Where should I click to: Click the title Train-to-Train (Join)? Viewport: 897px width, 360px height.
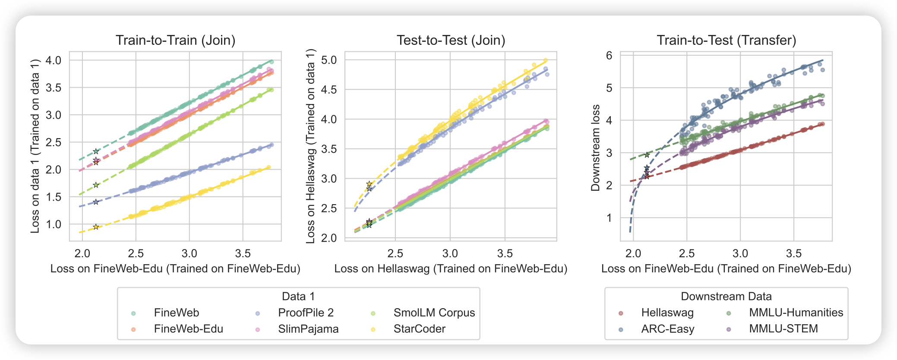pyautogui.click(x=175, y=40)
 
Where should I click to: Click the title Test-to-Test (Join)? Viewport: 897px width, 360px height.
pyautogui.click(x=451, y=40)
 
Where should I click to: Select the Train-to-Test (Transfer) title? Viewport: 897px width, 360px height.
pyautogui.click(x=726, y=40)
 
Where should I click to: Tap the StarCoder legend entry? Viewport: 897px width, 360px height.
pyautogui.click(x=419, y=329)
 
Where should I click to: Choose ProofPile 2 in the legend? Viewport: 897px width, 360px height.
pyautogui.click(x=306, y=313)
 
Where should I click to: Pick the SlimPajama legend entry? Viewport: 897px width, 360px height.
pyautogui.click(x=308, y=329)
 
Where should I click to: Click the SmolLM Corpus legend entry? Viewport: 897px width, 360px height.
pyautogui.click(x=434, y=313)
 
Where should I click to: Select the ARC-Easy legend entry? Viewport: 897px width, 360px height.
pyautogui.click(x=667, y=329)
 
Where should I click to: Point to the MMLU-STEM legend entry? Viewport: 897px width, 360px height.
pyautogui.click(x=783, y=328)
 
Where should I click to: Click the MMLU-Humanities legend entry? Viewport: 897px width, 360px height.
pyautogui.click(x=796, y=313)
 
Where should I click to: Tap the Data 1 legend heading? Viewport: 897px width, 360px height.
pyautogui.click(x=298, y=297)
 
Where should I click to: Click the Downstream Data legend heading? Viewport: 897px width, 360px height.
pyautogui.click(x=726, y=297)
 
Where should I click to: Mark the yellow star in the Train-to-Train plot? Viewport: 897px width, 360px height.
pyautogui.click(x=96, y=227)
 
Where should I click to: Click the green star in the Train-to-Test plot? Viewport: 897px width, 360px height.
pyautogui.click(x=647, y=155)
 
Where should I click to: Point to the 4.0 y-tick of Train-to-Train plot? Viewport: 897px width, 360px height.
pyautogui.click(x=54, y=60)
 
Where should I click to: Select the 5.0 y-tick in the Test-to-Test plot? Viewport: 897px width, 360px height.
pyautogui.click(x=329, y=60)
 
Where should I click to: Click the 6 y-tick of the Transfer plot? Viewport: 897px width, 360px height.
pyautogui.click(x=609, y=55)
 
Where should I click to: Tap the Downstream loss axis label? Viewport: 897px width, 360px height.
pyautogui.click(x=596, y=148)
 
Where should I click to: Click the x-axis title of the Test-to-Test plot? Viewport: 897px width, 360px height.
pyautogui.click(x=451, y=269)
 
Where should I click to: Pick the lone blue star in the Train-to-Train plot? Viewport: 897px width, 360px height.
pyautogui.click(x=96, y=202)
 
